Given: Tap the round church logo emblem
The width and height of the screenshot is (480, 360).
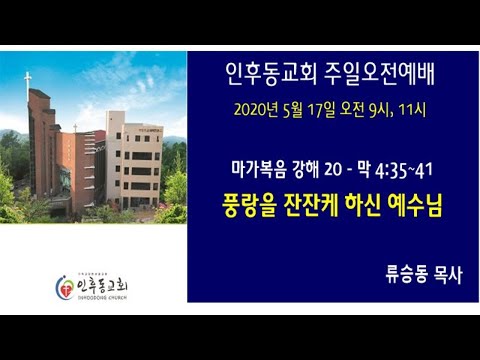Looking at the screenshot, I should coord(63,287).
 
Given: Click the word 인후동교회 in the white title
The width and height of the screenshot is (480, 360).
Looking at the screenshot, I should coord(265,73).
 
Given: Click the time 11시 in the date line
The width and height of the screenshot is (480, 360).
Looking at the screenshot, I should coord(411,109).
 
